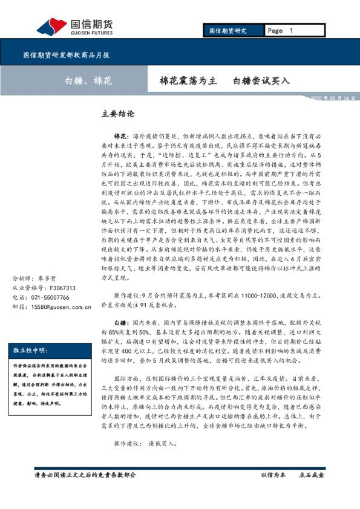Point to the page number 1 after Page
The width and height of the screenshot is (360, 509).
(x=291, y=30)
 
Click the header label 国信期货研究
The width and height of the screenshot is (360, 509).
(x=227, y=30)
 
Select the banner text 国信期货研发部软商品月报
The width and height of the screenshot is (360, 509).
(x=66, y=55)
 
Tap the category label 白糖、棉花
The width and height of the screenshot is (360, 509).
(x=88, y=80)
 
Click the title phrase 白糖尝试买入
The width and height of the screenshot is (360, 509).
(x=261, y=80)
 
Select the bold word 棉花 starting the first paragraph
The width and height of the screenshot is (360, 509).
(x=120, y=138)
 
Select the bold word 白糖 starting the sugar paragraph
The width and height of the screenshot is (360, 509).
(x=120, y=324)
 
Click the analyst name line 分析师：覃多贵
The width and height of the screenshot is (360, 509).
(x=35, y=279)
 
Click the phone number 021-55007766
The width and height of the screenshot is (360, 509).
(x=51, y=298)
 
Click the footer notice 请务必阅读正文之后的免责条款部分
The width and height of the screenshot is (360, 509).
(x=85, y=475)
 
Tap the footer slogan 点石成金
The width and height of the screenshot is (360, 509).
(x=312, y=475)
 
